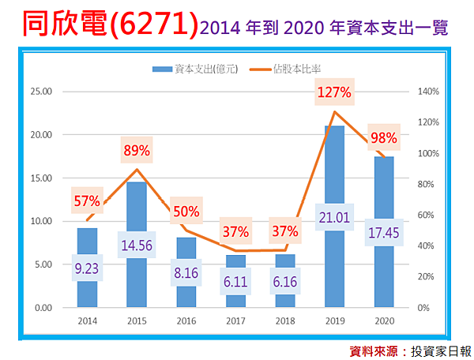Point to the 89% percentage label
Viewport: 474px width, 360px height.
pos(136,149)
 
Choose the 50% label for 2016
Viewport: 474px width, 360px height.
pos(186,212)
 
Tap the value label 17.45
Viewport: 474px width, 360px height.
pos(383,234)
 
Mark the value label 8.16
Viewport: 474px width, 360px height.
pos(186,274)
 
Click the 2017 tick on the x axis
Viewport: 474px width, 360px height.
pos(235,321)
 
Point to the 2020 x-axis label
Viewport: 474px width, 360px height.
pos(383,321)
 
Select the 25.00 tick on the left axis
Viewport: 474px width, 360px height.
pos(40,92)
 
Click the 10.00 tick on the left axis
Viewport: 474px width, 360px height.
pos(40,221)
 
